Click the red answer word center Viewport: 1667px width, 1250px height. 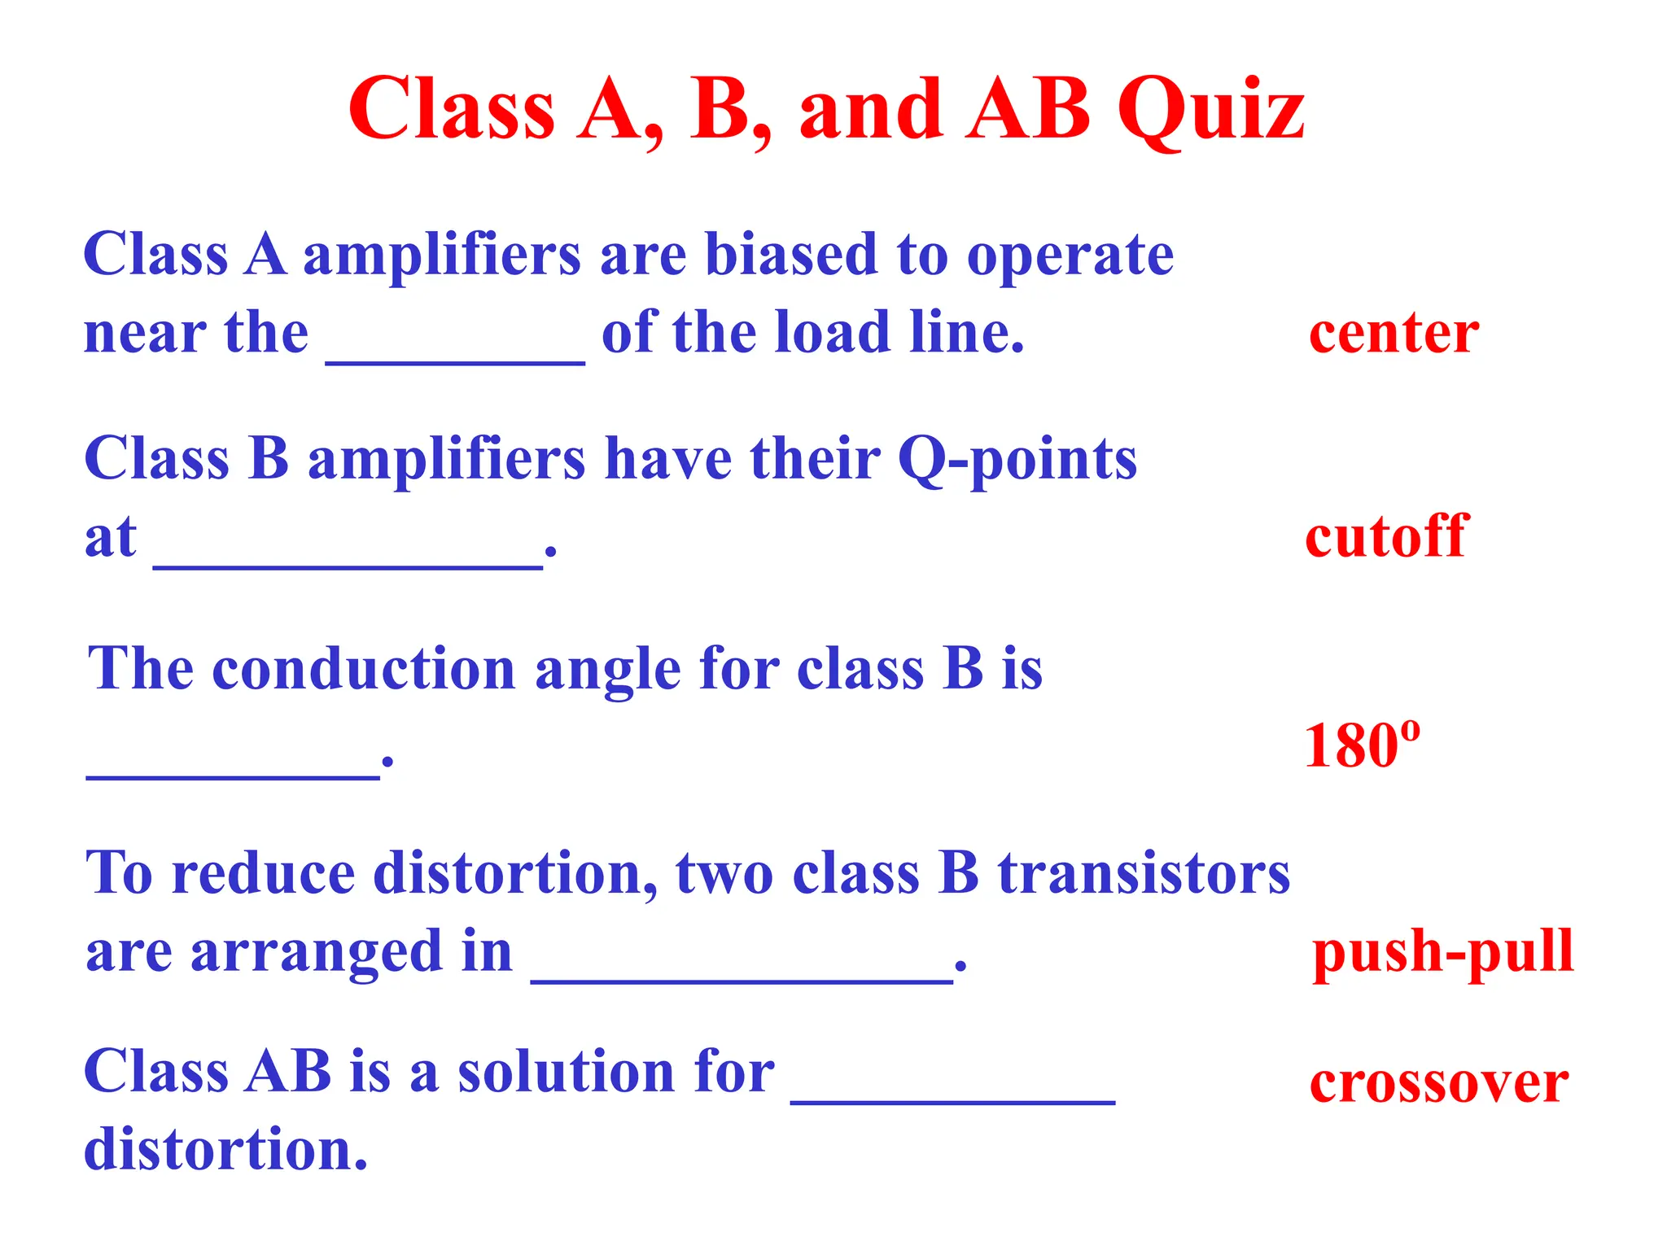pos(1394,333)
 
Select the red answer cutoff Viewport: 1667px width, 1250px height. pos(1386,536)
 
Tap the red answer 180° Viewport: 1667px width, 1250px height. pos(1362,745)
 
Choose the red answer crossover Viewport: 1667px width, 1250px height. pos(1439,1083)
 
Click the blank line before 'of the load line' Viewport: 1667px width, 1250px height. pos(455,361)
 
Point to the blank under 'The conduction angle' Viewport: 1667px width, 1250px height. pos(233,776)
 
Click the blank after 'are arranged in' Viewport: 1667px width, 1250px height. pos(742,981)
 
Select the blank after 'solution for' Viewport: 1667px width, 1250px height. pos(952,1099)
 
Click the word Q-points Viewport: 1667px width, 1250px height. pos(1017,460)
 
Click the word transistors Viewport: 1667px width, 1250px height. pos(1144,873)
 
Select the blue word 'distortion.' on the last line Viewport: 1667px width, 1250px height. pos(226,1149)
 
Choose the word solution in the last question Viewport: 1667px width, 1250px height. pos(566,1072)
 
